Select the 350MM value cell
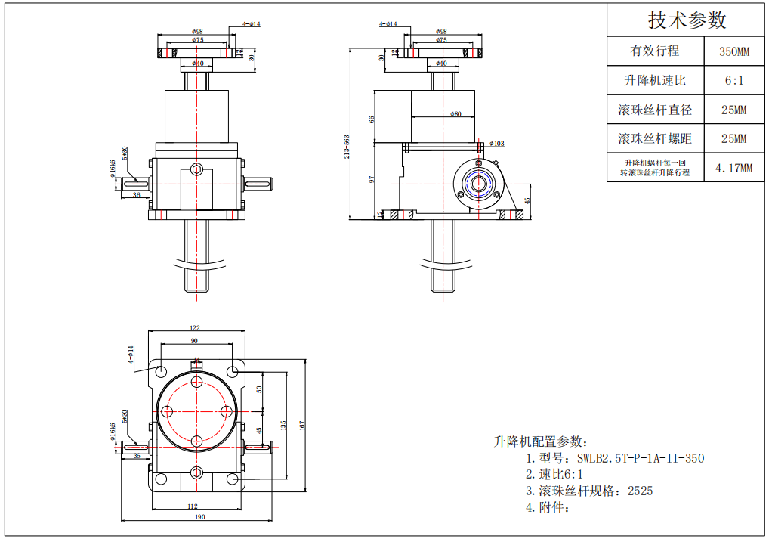(733, 52)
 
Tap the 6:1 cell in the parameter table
(733, 80)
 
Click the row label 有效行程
(655, 51)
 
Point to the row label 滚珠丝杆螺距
(655, 139)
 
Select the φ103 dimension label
(496, 143)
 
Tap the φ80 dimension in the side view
(455, 114)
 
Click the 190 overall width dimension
(200, 517)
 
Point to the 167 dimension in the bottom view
(301, 426)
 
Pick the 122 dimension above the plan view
(194, 329)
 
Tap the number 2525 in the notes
(640, 491)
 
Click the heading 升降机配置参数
(539, 441)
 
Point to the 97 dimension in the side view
(372, 180)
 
